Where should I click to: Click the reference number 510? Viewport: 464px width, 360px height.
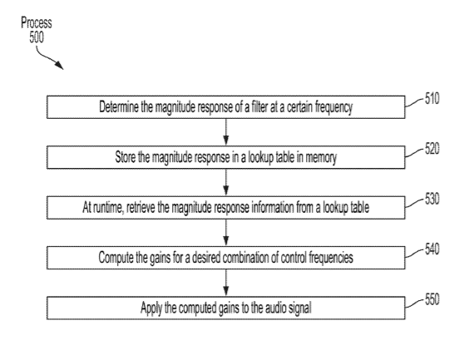tap(432, 98)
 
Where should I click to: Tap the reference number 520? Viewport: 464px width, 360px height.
tap(432, 149)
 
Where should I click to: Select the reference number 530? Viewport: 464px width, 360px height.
tap(432, 199)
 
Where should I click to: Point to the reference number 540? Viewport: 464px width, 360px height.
tap(432, 249)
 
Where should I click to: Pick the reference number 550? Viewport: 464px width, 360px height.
tap(432, 299)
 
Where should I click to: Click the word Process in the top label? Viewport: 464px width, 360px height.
tap(37, 22)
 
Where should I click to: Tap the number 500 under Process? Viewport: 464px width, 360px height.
tap(37, 37)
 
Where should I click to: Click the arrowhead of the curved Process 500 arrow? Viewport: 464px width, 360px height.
tap(59, 66)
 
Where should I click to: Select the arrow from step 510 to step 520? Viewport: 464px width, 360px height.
tap(226, 132)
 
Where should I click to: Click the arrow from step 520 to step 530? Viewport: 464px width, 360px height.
tap(226, 182)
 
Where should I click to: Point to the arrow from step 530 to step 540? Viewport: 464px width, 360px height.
tap(226, 233)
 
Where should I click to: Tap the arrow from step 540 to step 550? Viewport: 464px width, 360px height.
tap(226, 283)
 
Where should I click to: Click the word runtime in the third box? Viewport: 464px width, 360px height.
tap(108, 207)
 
